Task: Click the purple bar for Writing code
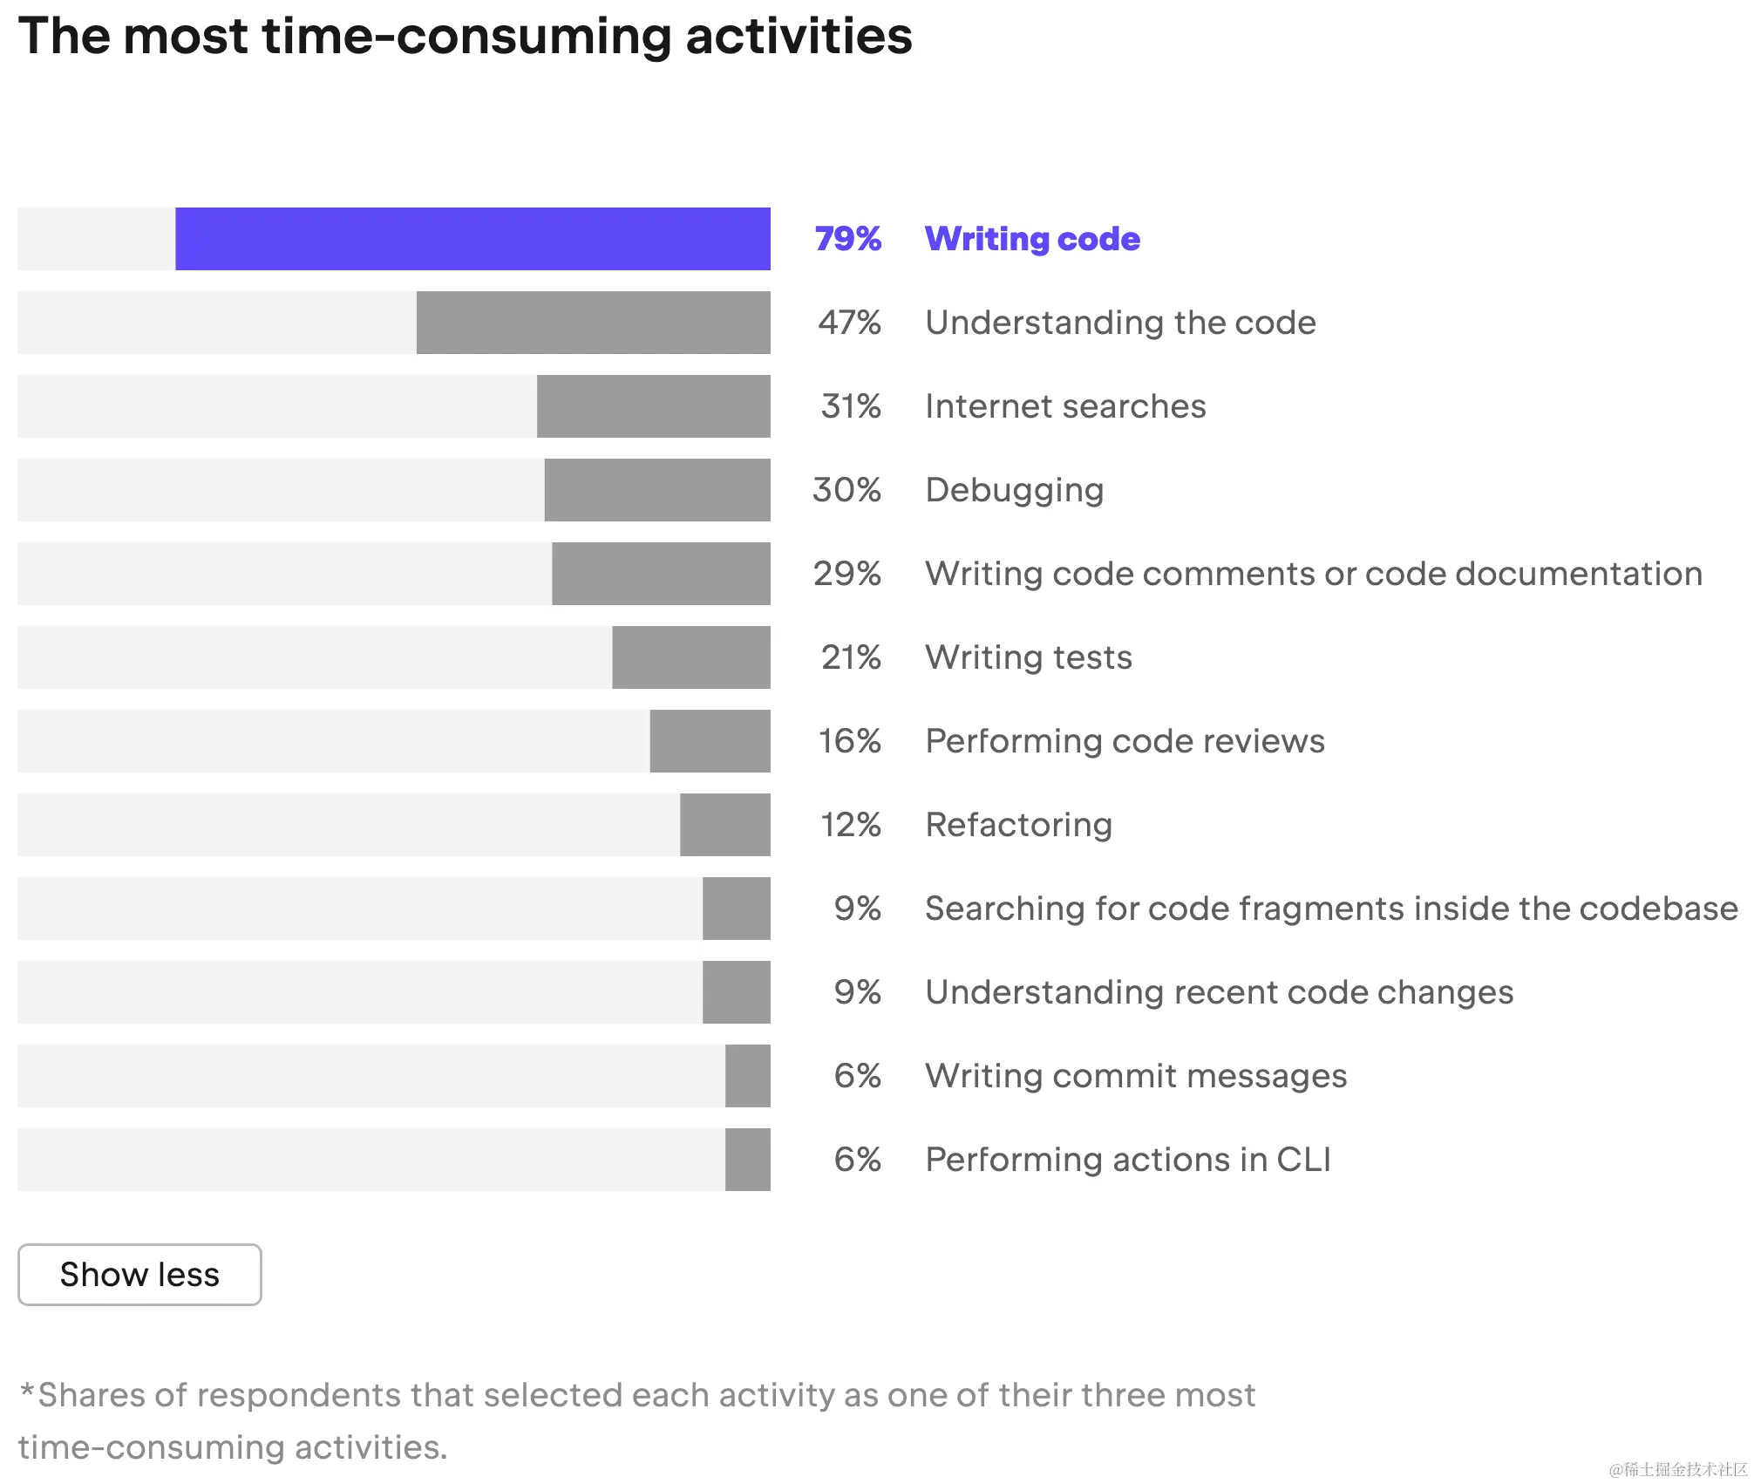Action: tap(472, 239)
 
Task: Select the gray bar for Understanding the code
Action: tap(593, 323)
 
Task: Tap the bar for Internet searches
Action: tap(653, 406)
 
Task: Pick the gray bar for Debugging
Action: tap(657, 490)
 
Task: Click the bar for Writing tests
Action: tap(691, 657)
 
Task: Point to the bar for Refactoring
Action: tap(725, 825)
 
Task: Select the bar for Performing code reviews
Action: tap(710, 741)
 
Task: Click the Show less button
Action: tap(139, 1275)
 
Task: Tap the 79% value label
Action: tap(847, 239)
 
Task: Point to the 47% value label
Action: tap(849, 323)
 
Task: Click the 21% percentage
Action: tap(851, 657)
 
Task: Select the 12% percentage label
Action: tap(851, 825)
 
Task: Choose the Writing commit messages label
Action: tap(1136, 1076)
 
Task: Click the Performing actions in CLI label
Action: tap(1128, 1160)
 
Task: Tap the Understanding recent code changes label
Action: tap(1219, 992)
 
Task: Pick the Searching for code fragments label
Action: tap(1331, 909)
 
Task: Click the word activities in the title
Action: tap(799, 37)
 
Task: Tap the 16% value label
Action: tap(849, 741)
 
